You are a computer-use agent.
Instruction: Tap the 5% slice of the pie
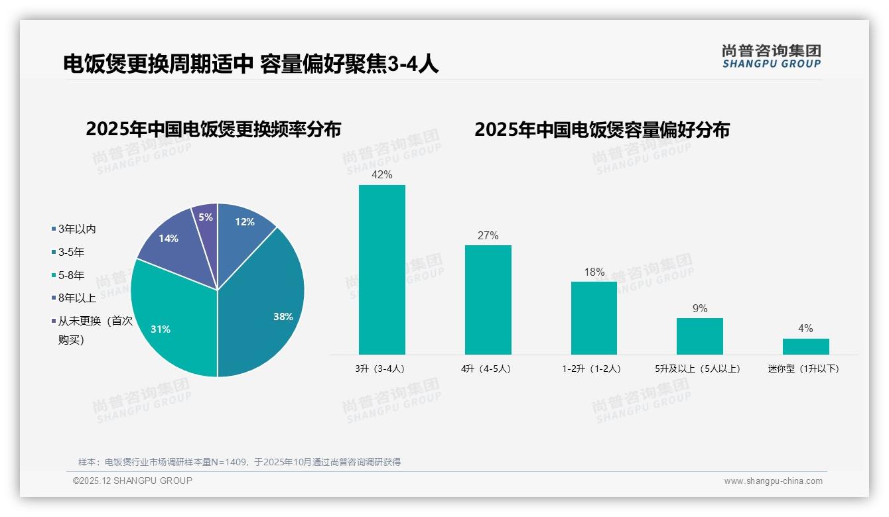pyautogui.click(x=206, y=219)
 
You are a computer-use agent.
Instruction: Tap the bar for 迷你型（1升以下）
pyautogui.click(x=805, y=347)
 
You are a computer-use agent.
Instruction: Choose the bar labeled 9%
pyautogui.click(x=700, y=336)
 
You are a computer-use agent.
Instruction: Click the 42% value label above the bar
pyautogui.click(x=382, y=175)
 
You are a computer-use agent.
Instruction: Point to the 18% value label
pyautogui.click(x=594, y=272)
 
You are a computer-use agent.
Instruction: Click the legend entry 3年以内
pyautogui.click(x=76, y=229)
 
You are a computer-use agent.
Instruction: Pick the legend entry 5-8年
pyautogui.click(x=71, y=275)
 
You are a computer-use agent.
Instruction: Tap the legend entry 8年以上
pyautogui.click(x=76, y=298)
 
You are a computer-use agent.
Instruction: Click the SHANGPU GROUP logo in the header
pyautogui.click(x=772, y=56)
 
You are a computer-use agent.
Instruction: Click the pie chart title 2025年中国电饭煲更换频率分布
pyautogui.click(x=213, y=129)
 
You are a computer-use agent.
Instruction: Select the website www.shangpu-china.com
pyautogui.click(x=773, y=481)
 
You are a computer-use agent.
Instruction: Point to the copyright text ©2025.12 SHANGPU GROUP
pyautogui.click(x=133, y=481)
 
